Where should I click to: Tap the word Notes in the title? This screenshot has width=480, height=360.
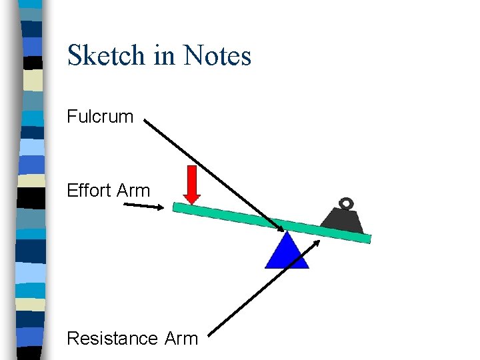pos(217,55)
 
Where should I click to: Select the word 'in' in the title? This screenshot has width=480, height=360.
pos(164,55)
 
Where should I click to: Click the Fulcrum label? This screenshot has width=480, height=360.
pos(100,117)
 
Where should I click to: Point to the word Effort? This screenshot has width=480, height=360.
pos(89,191)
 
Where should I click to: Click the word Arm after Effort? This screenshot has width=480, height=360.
pos(133,191)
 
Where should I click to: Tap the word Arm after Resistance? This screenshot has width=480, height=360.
pos(181,339)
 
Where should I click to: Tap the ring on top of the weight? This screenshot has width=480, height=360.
pos(346,203)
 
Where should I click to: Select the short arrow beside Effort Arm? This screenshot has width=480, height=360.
pos(143,206)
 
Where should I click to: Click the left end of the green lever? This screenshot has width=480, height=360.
pos(176,207)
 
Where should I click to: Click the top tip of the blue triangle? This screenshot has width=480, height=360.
pos(287,233)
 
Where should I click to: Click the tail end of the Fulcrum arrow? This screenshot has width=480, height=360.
pos(146,122)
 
